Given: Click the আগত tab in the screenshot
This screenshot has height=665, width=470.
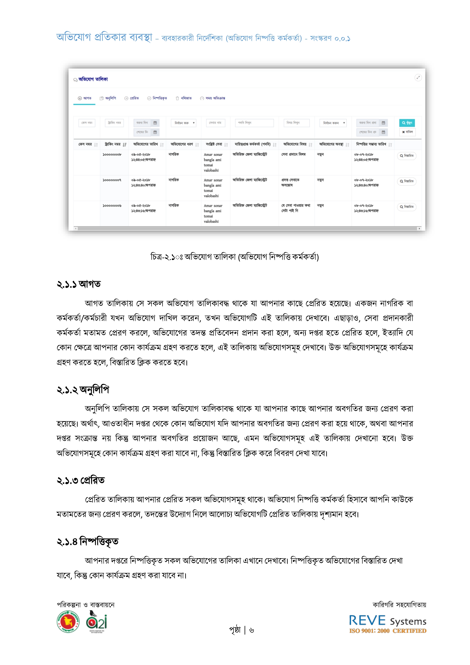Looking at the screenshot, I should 84,98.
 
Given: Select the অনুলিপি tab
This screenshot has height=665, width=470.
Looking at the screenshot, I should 108,98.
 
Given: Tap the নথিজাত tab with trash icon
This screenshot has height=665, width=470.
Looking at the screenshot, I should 184,98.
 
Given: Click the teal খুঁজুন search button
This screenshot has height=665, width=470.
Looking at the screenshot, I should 407,123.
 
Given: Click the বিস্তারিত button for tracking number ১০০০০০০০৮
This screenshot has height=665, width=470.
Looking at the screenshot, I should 407,156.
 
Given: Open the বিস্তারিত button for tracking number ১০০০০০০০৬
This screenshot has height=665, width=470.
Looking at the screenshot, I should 407,207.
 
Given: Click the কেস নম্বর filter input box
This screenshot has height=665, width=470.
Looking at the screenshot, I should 87,123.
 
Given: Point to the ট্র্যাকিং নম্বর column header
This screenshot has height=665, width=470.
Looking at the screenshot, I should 113,144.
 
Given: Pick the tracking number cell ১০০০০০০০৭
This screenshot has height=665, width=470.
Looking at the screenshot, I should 112,180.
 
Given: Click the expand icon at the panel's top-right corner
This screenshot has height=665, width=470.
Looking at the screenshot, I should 418,78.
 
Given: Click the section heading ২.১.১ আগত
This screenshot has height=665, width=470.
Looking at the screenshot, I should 79,284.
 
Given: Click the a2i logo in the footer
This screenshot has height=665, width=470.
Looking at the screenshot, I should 97,622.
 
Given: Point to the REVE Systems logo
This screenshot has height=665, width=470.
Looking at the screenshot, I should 388,624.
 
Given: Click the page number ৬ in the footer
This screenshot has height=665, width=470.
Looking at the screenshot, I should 251,630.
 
